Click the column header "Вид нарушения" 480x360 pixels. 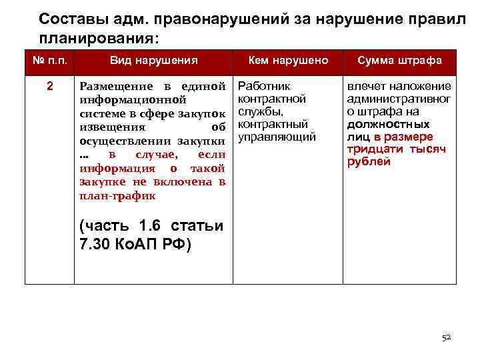(x=154, y=61)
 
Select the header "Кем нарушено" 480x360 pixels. (x=288, y=61)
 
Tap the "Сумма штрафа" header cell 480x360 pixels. (x=399, y=61)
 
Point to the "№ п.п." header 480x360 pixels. (x=49, y=61)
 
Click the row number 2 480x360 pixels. (x=49, y=86)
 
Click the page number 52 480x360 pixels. (x=447, y=338)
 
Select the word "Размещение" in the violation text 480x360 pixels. (x=110, y=87)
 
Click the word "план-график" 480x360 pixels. (x=117, y=195)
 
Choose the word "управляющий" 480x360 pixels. (x=276, y=137)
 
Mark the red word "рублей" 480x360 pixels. (x=369, y=162)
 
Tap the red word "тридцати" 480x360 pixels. (x=369, y=149)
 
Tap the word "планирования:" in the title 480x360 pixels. (x=99, y=38)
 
